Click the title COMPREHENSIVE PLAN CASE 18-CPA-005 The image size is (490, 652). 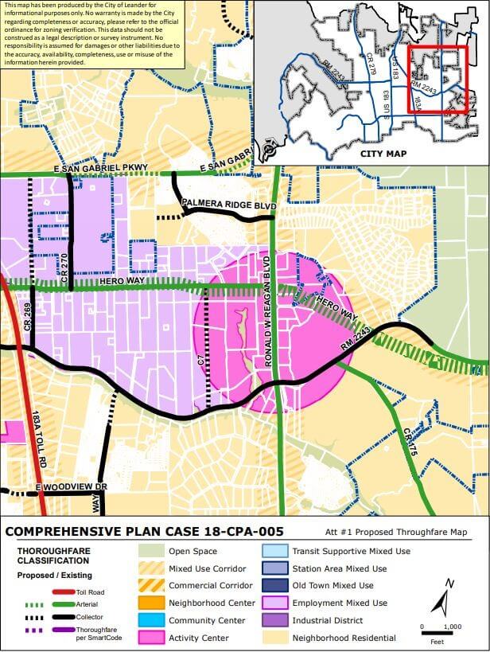[145, 531]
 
